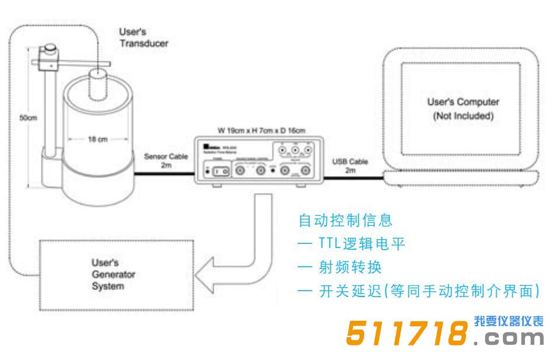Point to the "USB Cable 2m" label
350,165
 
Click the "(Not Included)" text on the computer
462,116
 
